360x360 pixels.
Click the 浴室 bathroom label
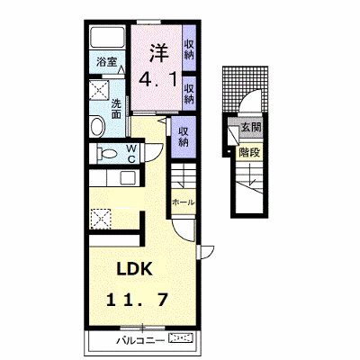click(x=106, y=62)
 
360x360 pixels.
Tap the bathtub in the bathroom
click(x=107, y=37)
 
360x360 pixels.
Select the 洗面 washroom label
click(x=116, y=109)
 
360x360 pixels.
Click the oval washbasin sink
click(x=97, y=127)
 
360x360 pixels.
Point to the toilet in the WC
click(x=106, y=154)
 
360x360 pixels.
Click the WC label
click(x=131, y=154)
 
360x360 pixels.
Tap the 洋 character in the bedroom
click(x=158, y=53)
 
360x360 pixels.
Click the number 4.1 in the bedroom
click(x=157, y=79)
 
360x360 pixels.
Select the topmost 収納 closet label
click(x=189, y=49)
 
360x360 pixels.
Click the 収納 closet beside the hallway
click(x=184, y=137)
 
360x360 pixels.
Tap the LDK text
click(x=135, y=269)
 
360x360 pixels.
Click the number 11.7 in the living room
click(x=137, y=300)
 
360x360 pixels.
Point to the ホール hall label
click(x=183, y=202)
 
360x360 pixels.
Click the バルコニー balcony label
click(x=140, y=341)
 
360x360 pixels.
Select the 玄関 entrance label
click(x=251, y=128)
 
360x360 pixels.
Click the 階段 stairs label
click(x=249, y=152)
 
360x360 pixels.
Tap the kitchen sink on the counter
click(x=128, y=178)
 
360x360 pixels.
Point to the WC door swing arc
click(x=157, y=154)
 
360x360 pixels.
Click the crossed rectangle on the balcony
click(x=181, y=338)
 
